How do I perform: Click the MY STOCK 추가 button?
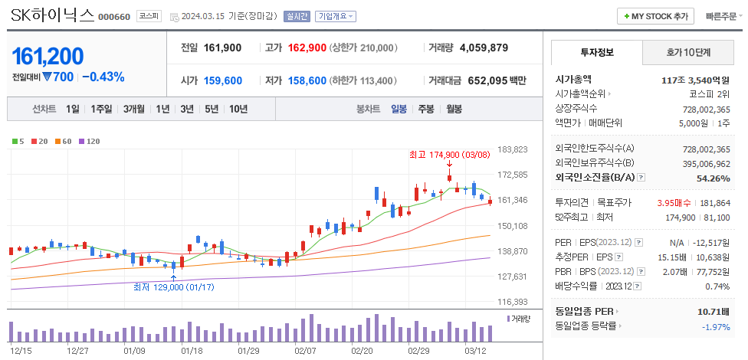pyautogui.click(x=655, y=16)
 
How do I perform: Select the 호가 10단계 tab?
pyautogui.click(x=687, y=53)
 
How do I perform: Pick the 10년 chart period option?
pyautogui.click(x=238, y=109)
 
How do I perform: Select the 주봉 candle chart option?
pyautogui.click(x=425, y=109)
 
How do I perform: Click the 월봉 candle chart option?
pyautogui.click(x=454, y=109)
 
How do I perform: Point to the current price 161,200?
pyautogui.click(x=48, y=56)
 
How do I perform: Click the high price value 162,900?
pyautogui.click(x=307, y=47)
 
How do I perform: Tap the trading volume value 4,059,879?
pyautogui.click(x=484, y=47)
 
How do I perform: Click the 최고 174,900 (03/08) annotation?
pyautogui.click(x=448, y=155)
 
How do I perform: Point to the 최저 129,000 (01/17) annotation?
pyautogui.click(x=172, y=286)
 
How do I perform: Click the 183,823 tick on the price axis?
pyautogui.click(x=513, y=149)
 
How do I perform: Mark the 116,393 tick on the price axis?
pyautogui.click(x=513, y=302)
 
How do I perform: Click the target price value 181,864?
pyautogui.click(x=714, y=202)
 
